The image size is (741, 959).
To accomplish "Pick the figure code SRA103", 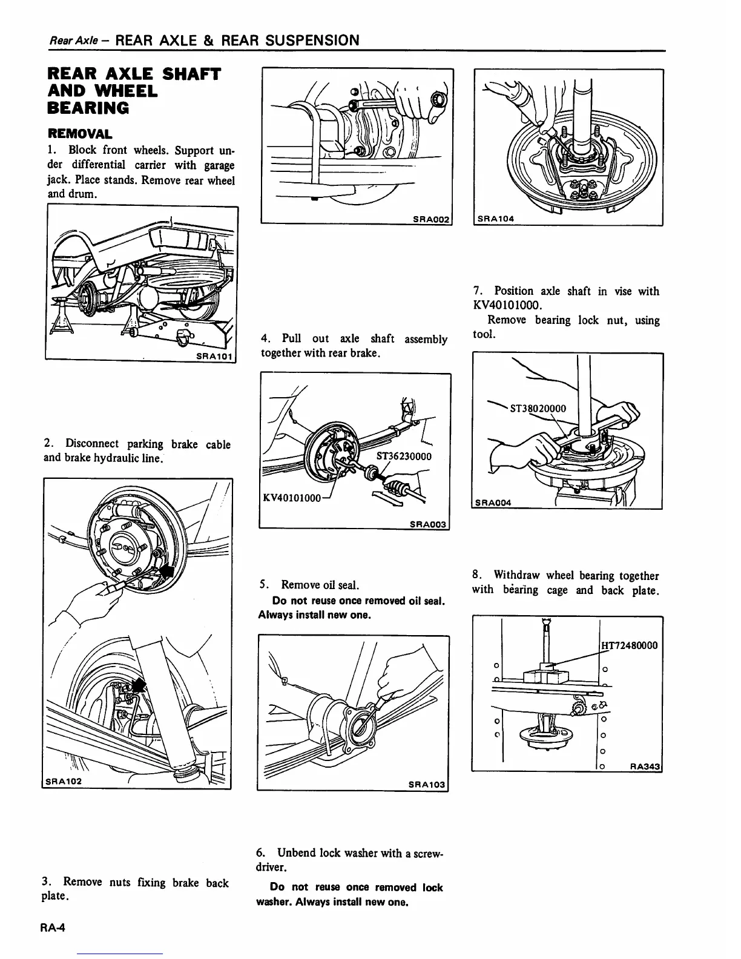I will coord(426,785).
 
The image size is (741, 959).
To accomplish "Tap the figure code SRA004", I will coord(493,502).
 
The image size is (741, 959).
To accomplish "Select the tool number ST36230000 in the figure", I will coord(404,456).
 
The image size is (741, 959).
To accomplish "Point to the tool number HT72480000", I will coord(630,645).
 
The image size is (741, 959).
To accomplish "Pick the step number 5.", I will coord(263,585).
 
